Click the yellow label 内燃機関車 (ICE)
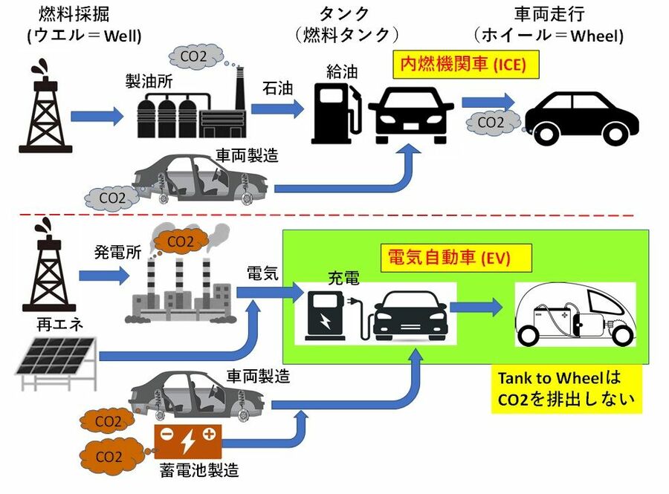[x=459, y=65]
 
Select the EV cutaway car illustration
[x=575, y=315]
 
